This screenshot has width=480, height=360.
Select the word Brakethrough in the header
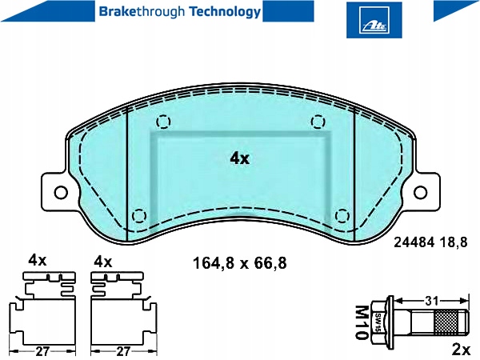(x=132, y=12)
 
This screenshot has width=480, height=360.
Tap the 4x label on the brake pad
(x=239, y=158)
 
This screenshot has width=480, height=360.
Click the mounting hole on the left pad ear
(x=60, y=192)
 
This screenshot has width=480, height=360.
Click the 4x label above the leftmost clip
(x=38, y=261)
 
